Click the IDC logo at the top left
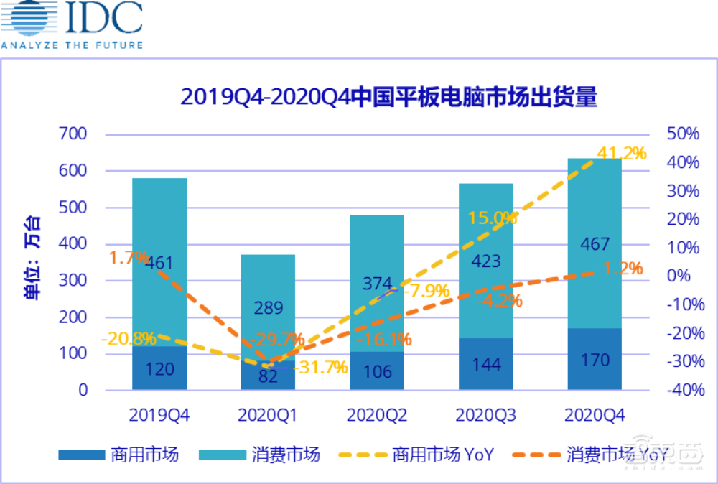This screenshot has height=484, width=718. [x=72, y=25]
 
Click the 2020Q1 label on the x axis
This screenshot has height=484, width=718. [x=268, y=415]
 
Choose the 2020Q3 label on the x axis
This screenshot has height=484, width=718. [x=486, y=415]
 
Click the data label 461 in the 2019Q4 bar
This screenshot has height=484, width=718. [x=159, y=264]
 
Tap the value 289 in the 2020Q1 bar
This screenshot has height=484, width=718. [x=268, y=308]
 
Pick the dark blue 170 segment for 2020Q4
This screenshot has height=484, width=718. [x=595, y=359]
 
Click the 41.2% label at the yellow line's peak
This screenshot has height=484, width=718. [x=622, y=153]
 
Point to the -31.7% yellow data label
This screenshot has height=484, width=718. [x=319, y=367]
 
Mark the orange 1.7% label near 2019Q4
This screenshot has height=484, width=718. [x=129, y=257]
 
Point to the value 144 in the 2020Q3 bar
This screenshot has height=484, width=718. [x=486, y=363]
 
